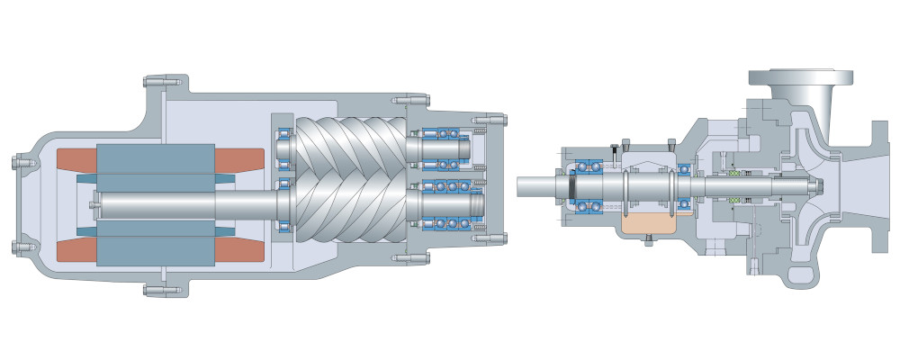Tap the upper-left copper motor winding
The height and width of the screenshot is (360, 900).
pos(76,158)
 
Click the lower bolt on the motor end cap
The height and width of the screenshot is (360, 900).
pos(19,244)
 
